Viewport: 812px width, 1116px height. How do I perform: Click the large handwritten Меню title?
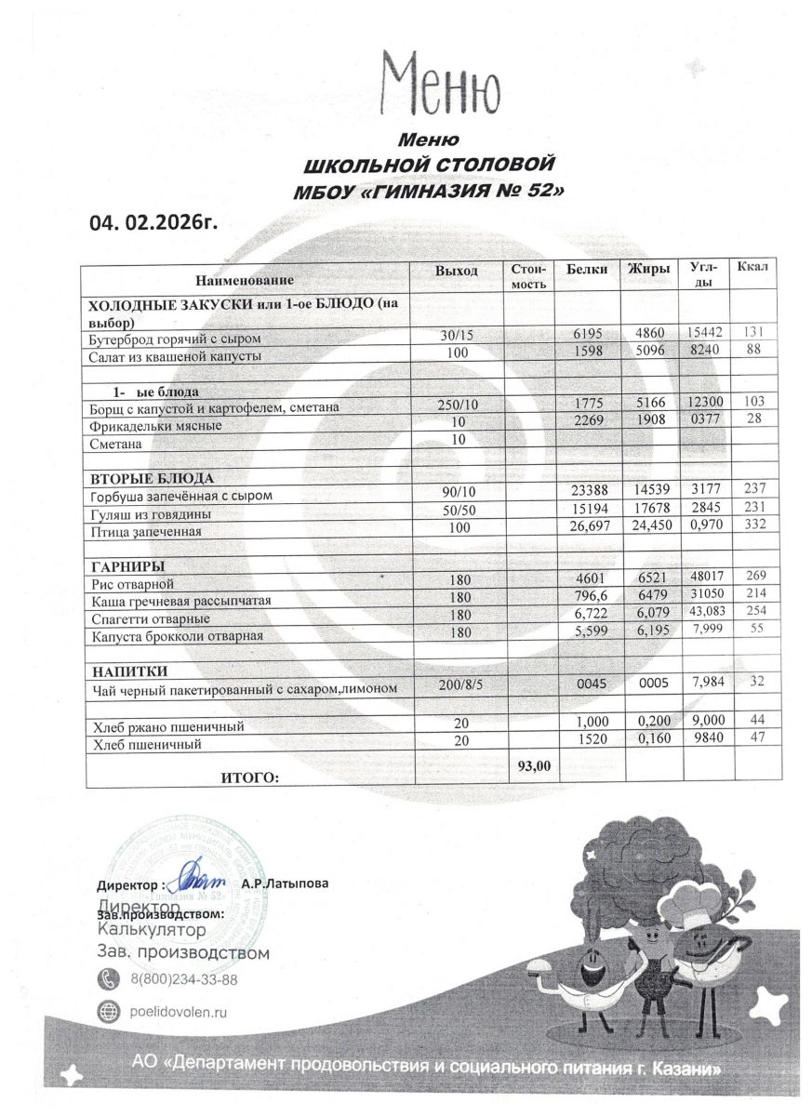pyautogui.click(x=442, y=83)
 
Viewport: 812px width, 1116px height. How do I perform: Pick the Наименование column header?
pyautogui.click(x=245, y=279)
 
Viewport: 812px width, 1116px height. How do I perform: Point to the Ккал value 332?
pyautogui.click(x=753, y=528)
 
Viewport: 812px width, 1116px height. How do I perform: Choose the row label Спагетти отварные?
pyautogui.click(x=151, y=618)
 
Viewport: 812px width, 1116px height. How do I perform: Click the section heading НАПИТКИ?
pyautogui.click(x=129, y=671)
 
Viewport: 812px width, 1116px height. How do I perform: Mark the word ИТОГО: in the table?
pyautogui.click(x=248, y=777)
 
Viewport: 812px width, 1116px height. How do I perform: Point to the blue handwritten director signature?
pyautogui.click(x=199, y=877)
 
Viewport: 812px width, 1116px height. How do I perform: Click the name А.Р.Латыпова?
pyautogui.click(x=285, y=883)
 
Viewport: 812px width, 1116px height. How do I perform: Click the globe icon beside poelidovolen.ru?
pyautogui.click(x=109, y=1011)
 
